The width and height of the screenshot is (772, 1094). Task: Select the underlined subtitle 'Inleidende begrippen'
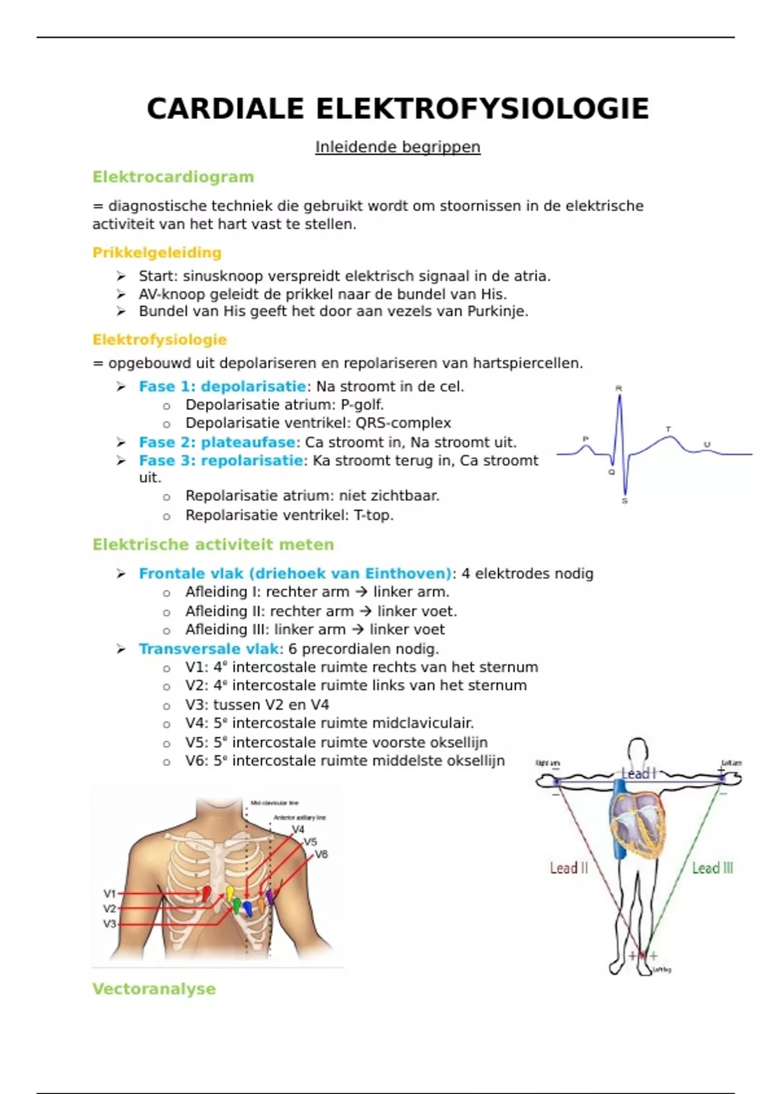398,147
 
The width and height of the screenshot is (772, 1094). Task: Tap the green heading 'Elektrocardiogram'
173,177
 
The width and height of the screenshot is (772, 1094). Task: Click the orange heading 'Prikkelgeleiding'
157,253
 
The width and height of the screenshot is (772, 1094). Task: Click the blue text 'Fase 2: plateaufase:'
219,443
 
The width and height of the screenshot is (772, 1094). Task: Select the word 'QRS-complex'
403,423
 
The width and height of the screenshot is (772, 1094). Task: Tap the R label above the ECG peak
619,388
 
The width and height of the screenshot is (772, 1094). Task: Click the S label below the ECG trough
625,501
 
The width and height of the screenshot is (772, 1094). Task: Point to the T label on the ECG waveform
668,429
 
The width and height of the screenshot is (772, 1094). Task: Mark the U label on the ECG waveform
707,444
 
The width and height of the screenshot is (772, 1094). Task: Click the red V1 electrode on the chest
207,894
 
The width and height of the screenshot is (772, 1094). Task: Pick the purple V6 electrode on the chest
270,897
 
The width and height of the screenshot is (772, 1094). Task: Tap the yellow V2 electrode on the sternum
230,893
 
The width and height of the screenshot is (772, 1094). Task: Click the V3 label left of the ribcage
110,924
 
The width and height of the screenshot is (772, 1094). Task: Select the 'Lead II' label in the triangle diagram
569,868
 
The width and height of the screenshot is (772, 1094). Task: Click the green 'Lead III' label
712,868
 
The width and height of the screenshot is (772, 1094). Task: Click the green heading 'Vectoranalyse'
154,989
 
